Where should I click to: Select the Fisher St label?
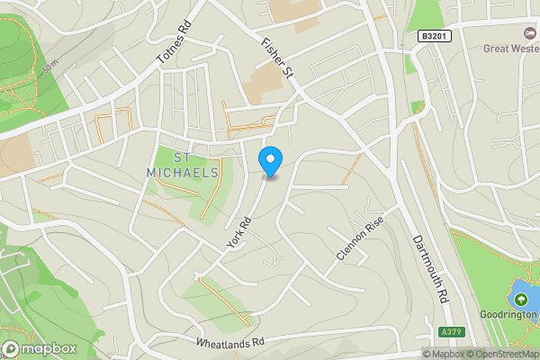(278, 57)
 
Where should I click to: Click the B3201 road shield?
(434, 35)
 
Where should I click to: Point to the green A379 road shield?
(453, 332)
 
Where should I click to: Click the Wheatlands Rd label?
(232, 343)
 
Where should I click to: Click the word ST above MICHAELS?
(182, 158)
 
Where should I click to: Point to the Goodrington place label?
(508, 315)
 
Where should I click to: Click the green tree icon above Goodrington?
(519, 299)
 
